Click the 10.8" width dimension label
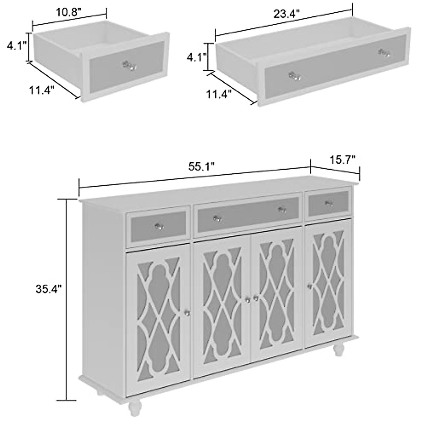[x=69, y=12]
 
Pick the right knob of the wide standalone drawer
[x=384, y=53]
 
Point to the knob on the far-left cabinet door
[x=187, y=313]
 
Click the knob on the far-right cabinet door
[x=310, y=286]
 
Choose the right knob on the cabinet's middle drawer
[x=282, y=209]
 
